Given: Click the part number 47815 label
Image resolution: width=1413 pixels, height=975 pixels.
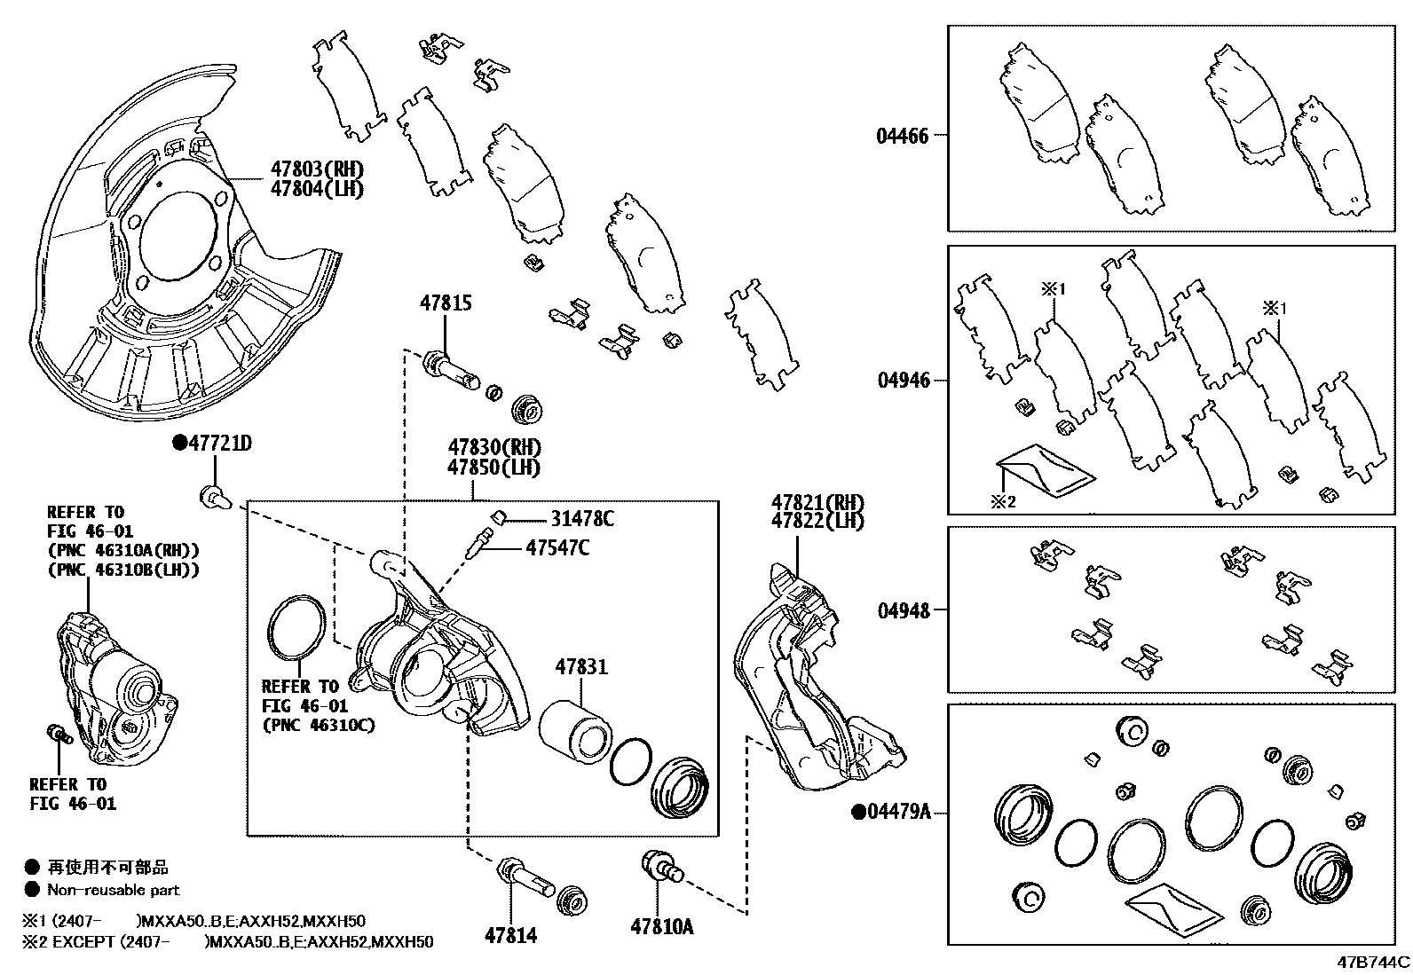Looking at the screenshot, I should click(x=446, y=303).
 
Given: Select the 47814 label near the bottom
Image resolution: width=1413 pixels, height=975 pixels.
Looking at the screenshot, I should click(x=510, y=934).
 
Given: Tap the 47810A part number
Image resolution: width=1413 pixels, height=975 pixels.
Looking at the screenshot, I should click(x=661, y=927).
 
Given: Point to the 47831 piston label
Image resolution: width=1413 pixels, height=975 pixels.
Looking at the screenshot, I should click(x=581, y=666).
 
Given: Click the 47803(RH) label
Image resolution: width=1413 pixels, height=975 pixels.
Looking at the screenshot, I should click(x=317, y=169).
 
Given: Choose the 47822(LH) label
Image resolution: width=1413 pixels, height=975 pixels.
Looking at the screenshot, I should click(x=817, y=522).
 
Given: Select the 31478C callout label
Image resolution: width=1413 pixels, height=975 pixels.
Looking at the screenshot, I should click(x=581, y=519).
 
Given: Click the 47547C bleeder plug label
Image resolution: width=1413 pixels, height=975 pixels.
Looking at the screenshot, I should click(x=557, y=547).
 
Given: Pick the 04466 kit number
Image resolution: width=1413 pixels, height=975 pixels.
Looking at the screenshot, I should click(x=902, y=136).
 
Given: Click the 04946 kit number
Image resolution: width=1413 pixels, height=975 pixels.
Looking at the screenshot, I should click(x=904, y=380).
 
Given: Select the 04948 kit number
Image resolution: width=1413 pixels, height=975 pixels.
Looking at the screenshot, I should click(x=904, y=610).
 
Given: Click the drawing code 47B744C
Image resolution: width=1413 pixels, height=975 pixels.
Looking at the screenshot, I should click(x=1374, y=962).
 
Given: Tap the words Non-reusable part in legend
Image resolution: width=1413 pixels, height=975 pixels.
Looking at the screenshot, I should click(x=113, y=890).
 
